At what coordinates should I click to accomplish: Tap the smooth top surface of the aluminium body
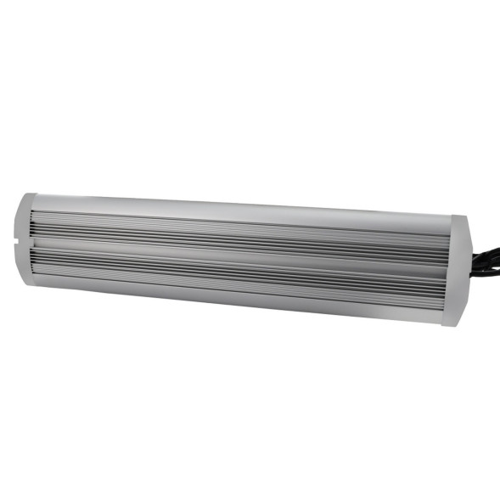click(x=238, y=209)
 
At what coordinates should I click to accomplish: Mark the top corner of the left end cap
click(x=25, y=196)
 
